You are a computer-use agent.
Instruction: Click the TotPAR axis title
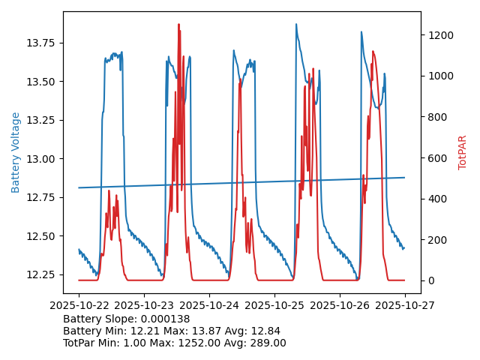tap(462, 152)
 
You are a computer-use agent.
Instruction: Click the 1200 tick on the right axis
tap(440, 35)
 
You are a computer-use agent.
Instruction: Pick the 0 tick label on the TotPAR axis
tap(430, 280)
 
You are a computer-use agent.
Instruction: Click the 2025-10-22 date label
tap(79, 306)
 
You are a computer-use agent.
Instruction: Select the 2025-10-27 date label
tap(405, 306)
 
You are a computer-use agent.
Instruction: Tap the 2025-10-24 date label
tap(209, 306)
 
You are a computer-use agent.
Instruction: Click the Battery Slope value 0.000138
tap(164, 319)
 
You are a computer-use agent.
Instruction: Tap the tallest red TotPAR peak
tap(178, 24)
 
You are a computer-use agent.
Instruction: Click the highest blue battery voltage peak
tap(295, 24)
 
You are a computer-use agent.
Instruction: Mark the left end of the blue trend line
tap(79, 187)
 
